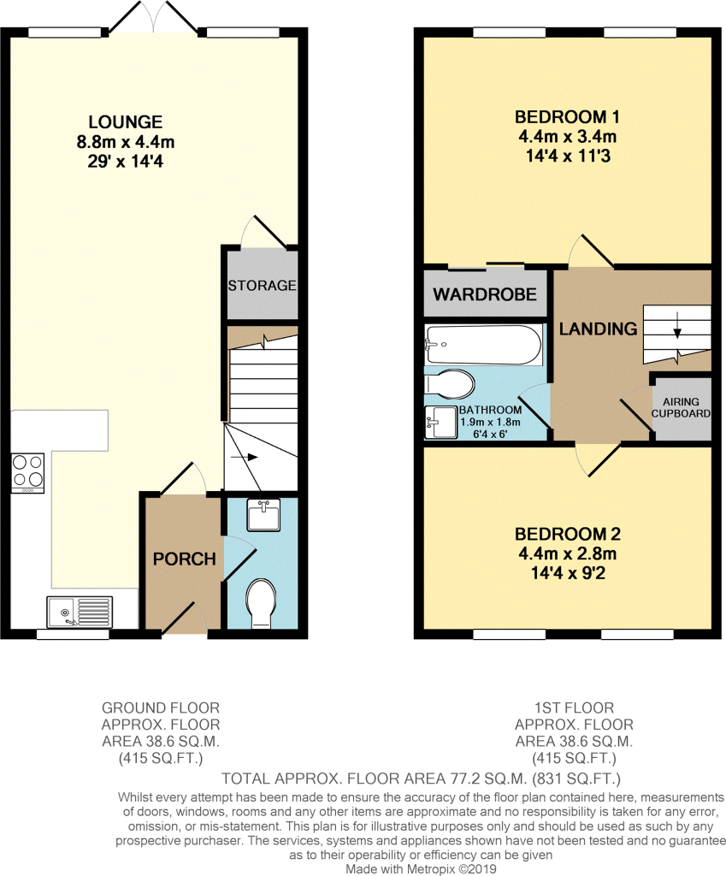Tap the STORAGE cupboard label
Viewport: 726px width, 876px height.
pyautogui.click(x=262, y=285)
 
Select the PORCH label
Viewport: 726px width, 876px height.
pyautogui.click(x=183, y=559)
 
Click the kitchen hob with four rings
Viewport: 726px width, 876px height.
pyautogui.click(x=27, y=471)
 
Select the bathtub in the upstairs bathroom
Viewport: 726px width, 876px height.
pyautogui.click(x=483, y=345)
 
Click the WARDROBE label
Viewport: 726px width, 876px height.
pyautogui.click(x=485, y=295)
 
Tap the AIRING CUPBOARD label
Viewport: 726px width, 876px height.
pyautogui.click(x=681, y=408)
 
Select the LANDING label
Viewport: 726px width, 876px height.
pyautogui.click(x=598, y=328)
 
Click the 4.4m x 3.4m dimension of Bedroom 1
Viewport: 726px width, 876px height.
pyautogui.click(x=566, y=137)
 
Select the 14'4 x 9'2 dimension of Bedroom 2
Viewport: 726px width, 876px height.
pyautogui.click(x=566, y=569)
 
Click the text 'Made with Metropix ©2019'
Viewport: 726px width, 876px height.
pyautogui.click(x=420, y=868)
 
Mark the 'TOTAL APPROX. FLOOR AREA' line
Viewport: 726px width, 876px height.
pyautogui.click(x=420, y=778)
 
